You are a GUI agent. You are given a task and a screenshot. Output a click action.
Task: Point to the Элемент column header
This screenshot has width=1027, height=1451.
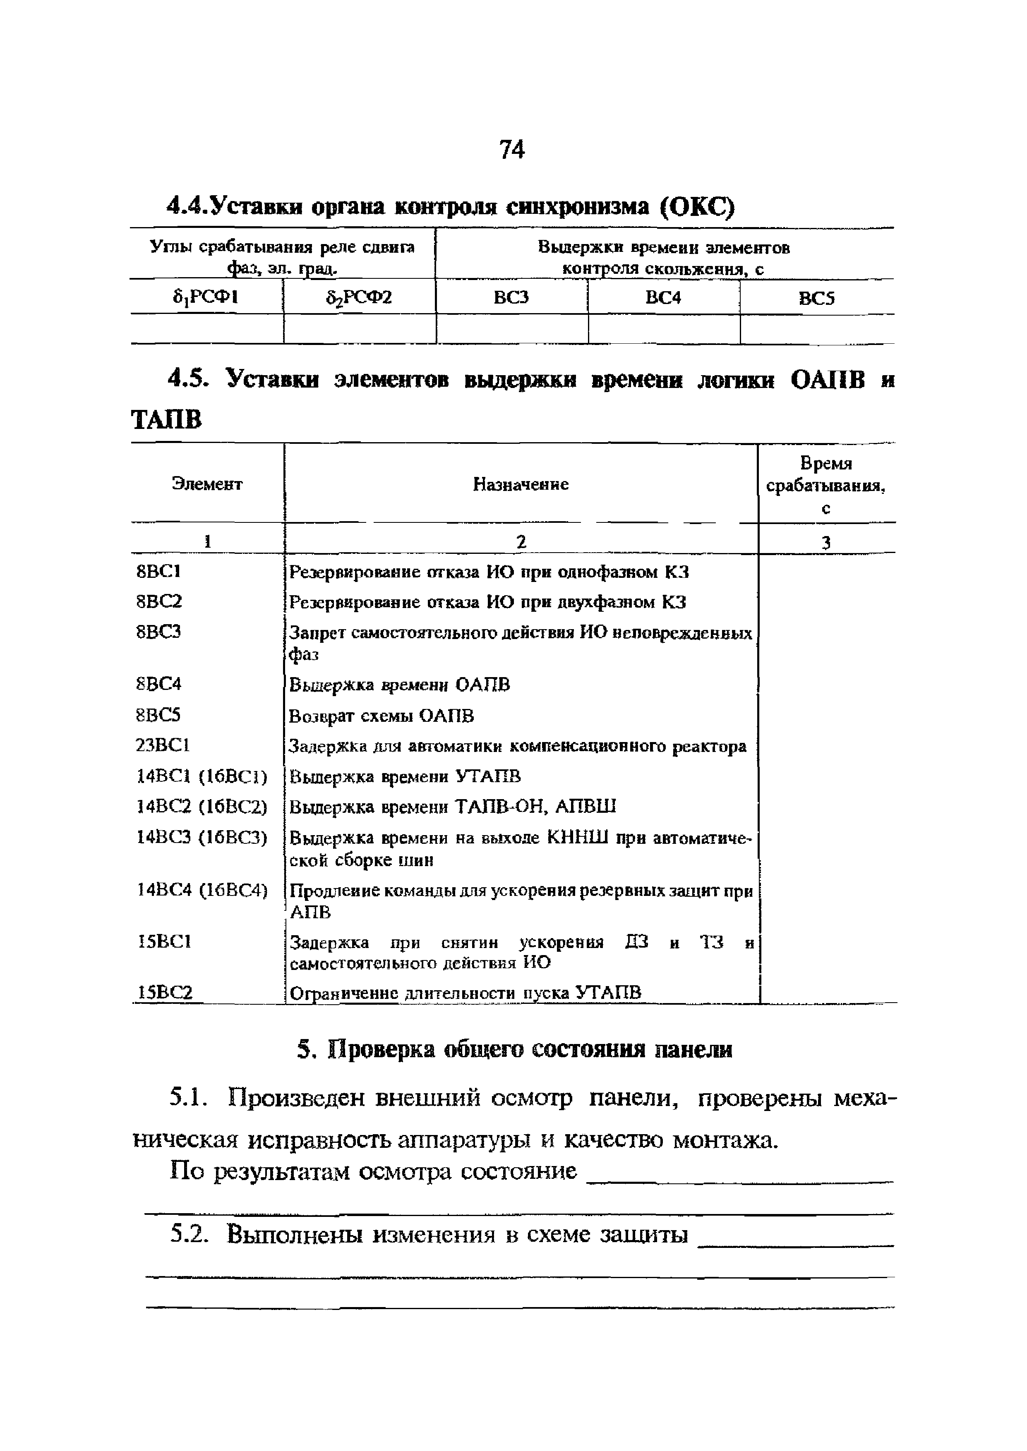pos(207,484)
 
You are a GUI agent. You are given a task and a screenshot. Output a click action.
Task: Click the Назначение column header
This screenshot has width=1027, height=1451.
pos(521,484)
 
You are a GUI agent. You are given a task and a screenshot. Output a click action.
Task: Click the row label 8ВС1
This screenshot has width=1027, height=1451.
pos(159,571)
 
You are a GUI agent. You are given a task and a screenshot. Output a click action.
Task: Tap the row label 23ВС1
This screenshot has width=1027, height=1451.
pos(163,746)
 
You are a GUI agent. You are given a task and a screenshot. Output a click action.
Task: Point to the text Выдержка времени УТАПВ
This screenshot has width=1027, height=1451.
pos(405,776)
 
